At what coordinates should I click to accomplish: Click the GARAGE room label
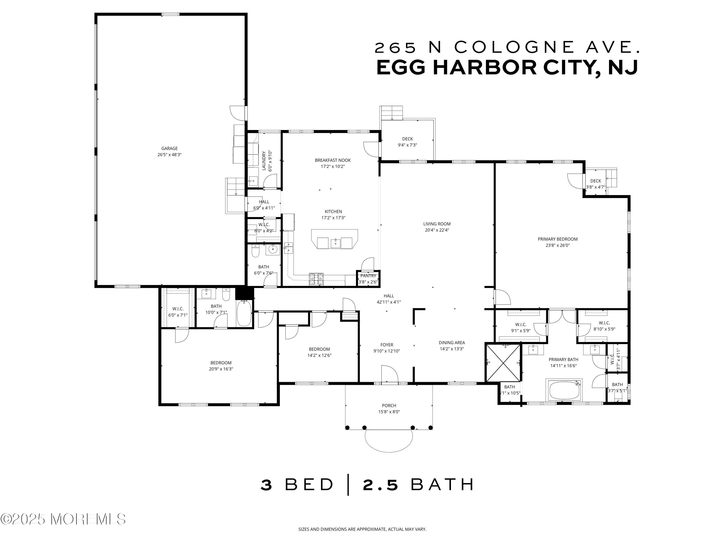pyautogui.click(x=169, y=148)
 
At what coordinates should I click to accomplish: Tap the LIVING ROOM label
pyautogui.click(x=437, y=224)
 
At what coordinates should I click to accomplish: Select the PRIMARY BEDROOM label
pyautogui.click(x=558, y=239)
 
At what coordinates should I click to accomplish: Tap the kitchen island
pyautogui.click(x=334, y=239)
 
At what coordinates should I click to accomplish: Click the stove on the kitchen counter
pyautogui.click(x=316, y=279)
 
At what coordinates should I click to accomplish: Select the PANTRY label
pyautogui.click(x=368, y=276)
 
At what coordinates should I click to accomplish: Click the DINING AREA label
pyautogui.click(x=452, y=343)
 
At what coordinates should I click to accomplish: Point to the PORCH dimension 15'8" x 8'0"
pyautogui.click(x=389, y=412)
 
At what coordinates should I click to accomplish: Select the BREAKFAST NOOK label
pyautogui.click(x=333, y=160)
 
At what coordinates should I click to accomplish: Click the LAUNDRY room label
pyautogui.click(x=264, y=161)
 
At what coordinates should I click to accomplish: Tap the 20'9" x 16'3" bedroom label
pyautogui.click(x=221, y=363)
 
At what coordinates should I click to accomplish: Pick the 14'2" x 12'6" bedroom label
pyautogui.click(x=319, y=349)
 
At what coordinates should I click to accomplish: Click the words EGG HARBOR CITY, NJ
pyautogui.click(x=507, y=67)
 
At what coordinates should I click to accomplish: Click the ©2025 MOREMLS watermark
pyautogui.click(x=63, y=519)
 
